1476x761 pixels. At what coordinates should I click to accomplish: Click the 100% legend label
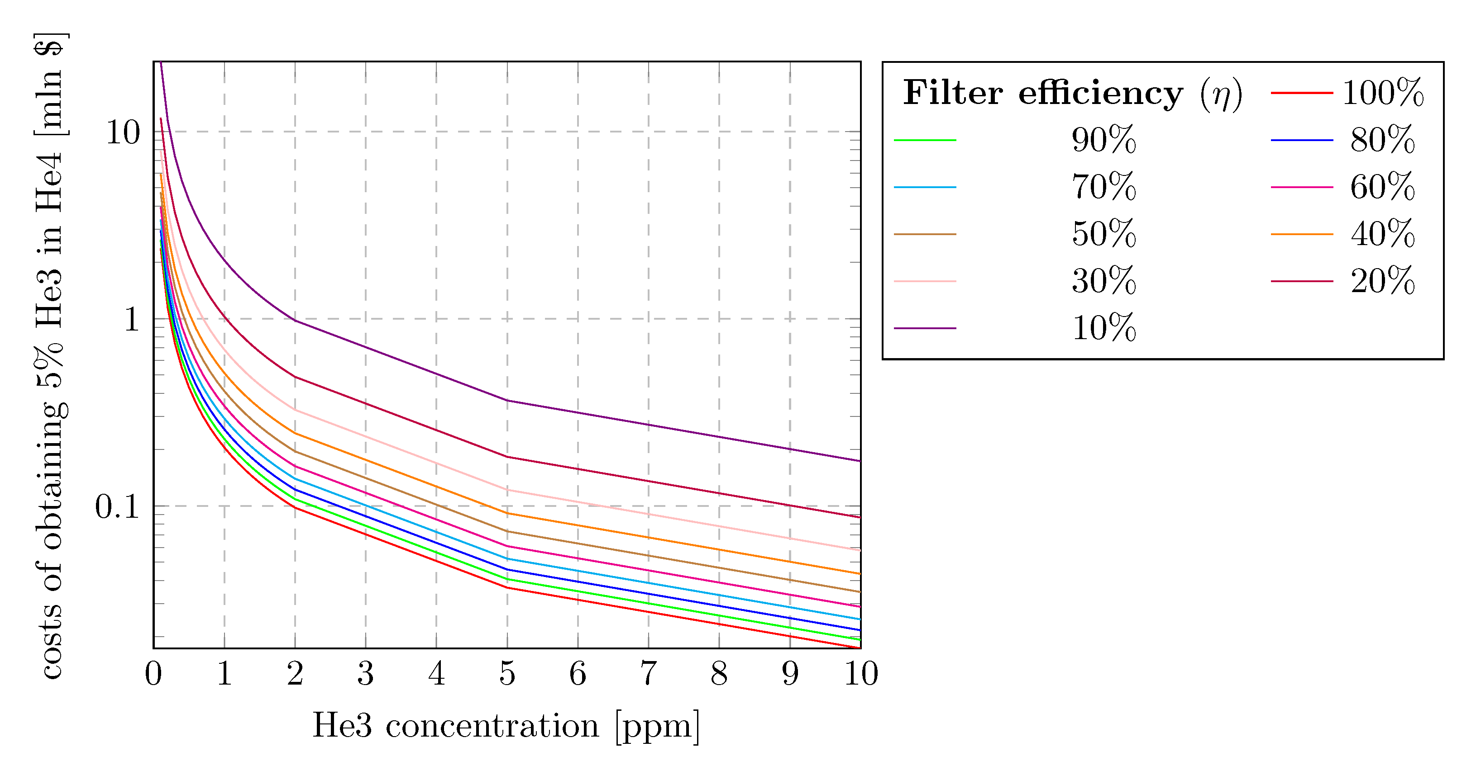pos(1383,93)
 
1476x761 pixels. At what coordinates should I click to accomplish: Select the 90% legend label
pos(1103,140)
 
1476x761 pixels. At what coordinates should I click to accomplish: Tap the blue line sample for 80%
pos(1301,140)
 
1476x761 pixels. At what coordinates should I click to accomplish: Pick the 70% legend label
pos(1103,187)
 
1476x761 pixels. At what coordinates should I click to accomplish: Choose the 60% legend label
pos(1383,187)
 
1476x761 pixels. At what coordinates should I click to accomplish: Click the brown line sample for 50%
pos(925,234)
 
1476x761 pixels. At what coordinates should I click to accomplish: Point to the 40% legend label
pos(1383,234)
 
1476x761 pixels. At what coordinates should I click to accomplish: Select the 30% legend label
pos(1103,281)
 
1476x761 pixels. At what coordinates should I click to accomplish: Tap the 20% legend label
pos(1383,281)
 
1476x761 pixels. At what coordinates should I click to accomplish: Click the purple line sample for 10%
pos(925,328)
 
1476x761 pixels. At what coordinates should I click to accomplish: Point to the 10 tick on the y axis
pos(123,133)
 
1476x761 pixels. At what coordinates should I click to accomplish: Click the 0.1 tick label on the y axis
pos(117,507)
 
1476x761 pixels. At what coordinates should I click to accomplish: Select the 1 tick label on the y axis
pos(132,320)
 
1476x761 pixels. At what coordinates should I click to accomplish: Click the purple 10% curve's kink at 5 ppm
pos(507,400)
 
